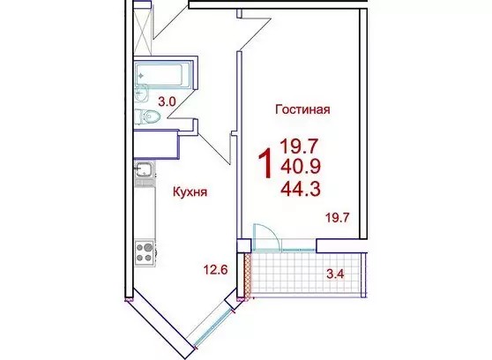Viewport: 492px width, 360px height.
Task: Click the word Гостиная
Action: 302,109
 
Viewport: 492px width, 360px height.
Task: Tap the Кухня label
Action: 190,191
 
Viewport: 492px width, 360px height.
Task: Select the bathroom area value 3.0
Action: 168,102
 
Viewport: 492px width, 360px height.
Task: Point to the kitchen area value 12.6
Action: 215,269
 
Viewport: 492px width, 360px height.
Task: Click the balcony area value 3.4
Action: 335,274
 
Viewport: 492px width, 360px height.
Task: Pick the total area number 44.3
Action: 301,189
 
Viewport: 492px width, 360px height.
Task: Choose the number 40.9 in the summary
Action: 301,167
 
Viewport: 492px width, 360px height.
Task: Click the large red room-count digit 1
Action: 265,163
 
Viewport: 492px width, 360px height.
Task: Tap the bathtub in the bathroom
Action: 159,75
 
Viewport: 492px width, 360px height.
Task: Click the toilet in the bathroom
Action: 148,116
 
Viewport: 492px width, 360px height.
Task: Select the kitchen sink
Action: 144,170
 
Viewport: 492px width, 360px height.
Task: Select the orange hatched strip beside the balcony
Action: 248,274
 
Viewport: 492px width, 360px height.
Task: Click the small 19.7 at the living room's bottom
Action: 338,217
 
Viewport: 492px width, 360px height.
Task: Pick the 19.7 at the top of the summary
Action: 300,146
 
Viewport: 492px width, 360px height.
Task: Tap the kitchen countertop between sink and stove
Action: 145,214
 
